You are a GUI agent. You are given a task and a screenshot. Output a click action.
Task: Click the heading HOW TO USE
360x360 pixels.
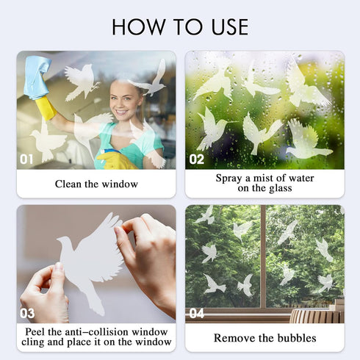[180, 27]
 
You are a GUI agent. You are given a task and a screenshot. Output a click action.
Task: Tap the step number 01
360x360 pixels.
[27, 158]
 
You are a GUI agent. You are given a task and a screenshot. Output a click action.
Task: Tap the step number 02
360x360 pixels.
[197, 158]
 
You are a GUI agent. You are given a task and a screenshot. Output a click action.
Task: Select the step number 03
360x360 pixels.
[27, 313]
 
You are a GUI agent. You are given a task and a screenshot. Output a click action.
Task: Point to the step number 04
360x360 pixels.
[197, 313]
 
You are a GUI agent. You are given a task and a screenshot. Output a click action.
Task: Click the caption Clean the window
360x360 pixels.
[96, 184]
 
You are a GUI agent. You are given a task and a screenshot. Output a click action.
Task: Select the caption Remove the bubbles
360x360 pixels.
[264, 338]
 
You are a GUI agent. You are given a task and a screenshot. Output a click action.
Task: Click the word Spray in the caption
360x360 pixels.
[229, 178]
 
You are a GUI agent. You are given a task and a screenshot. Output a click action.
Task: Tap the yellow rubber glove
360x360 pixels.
[46, 108]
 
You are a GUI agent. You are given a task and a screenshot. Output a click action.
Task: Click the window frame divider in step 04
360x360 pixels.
[262, 257]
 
